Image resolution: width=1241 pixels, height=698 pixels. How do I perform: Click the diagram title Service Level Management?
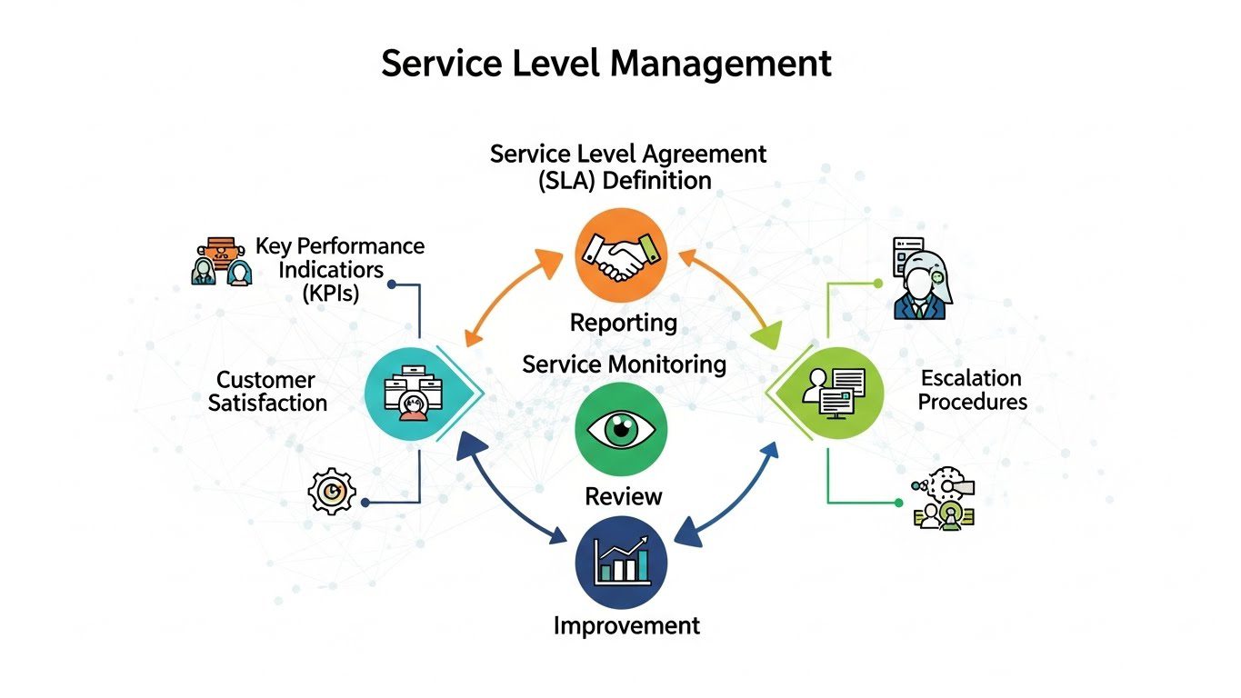[606, 64]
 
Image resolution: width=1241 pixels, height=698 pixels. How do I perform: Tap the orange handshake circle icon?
[622, 254]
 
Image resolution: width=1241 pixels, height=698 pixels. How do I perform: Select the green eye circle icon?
[622, 429]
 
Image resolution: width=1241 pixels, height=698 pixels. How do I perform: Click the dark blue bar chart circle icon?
[622, 562]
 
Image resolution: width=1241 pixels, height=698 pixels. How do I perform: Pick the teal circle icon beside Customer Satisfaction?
[410, 392]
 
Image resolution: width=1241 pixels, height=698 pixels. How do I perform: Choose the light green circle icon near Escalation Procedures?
[837, 392]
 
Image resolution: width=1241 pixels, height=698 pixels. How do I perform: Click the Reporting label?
[624, 322]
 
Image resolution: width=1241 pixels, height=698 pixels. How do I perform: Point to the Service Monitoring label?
[624, 364]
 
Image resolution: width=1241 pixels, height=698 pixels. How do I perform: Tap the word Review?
[624, 496]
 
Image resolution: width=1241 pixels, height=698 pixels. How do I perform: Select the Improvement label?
[627, 625]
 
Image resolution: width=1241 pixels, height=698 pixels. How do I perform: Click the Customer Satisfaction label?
[267, 391]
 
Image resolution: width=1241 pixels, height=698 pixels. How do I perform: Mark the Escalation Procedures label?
[972, 389]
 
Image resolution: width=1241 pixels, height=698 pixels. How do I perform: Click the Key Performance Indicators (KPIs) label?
[338, 269]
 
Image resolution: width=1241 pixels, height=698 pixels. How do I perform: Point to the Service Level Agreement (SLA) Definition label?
[627, 165]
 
